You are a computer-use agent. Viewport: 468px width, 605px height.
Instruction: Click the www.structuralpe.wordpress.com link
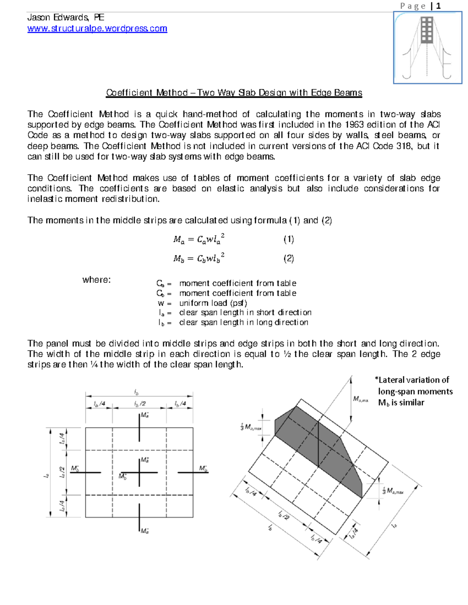[97, 28]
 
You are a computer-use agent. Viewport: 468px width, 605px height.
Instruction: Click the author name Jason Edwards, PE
[66, 18]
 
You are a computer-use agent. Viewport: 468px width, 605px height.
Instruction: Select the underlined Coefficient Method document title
[234, 93]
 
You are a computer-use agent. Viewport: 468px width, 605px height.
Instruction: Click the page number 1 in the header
[439, 6]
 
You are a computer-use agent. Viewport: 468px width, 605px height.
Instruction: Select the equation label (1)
[289, 239]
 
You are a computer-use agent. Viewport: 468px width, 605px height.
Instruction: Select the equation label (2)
[289, 259]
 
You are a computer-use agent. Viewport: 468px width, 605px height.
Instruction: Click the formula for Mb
[199, 258]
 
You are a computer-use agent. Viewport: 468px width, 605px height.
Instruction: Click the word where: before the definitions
[96, 280]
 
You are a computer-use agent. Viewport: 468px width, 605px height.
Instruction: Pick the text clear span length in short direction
[245, 312]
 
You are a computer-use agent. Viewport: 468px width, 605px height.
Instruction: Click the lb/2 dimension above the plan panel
[139, 404]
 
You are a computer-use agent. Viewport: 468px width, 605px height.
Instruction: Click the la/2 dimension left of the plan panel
[62, 472]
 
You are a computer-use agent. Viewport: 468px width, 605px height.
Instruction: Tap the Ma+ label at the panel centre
[145, 460]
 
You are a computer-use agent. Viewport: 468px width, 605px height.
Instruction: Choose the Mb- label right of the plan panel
[203, 468]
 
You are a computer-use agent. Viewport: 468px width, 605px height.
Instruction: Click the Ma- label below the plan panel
[145, 531]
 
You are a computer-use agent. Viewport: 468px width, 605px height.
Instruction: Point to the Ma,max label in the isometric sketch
[360, 399]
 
